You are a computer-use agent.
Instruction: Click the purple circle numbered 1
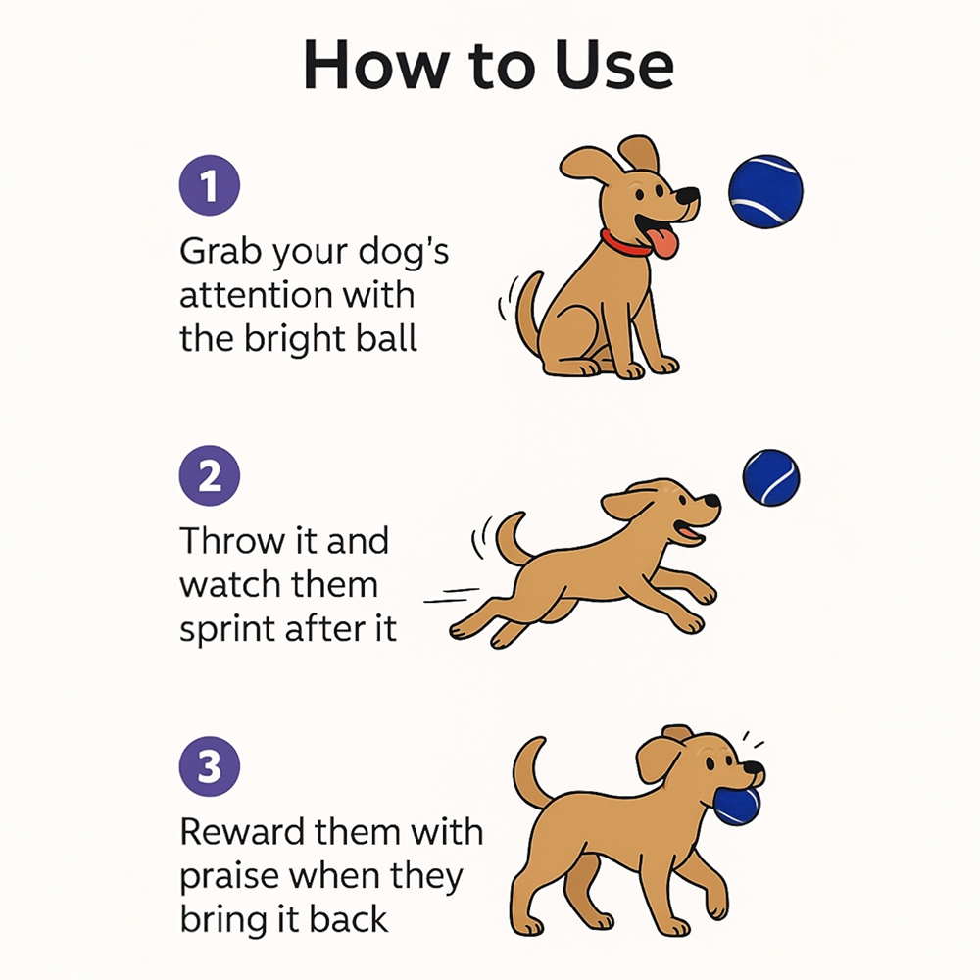(209, 187)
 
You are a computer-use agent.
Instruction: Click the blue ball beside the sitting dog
(765, 191)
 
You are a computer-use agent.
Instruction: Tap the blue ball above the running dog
(771, 478)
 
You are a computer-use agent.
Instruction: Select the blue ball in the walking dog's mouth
(737, 804)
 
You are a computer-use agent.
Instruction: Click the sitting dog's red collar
(626, 243)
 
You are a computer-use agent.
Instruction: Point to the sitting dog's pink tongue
(664, 242)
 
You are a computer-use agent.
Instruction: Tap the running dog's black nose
(711, 502)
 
